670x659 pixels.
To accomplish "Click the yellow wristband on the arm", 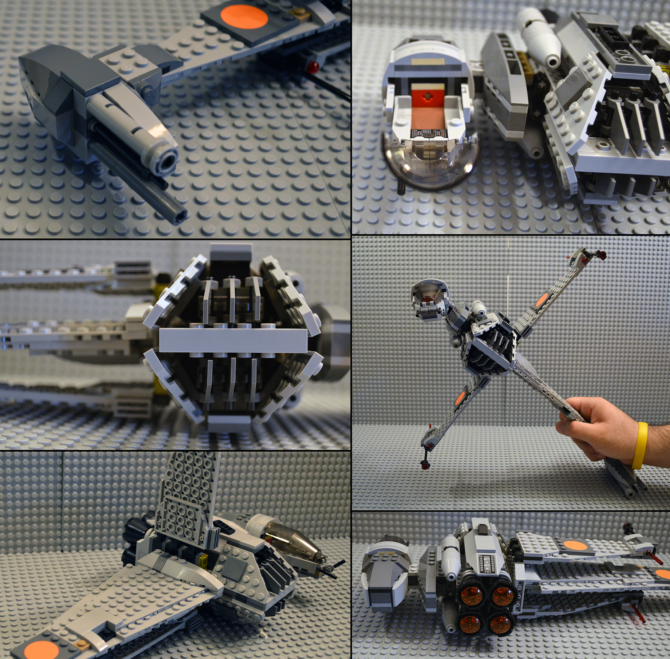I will tap(639, 445).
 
